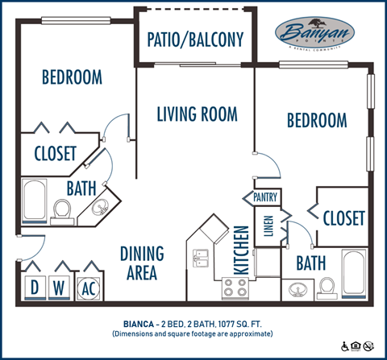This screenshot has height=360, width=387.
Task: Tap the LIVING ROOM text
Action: coord(197,114)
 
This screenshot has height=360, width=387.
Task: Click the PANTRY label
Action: coord(265,197)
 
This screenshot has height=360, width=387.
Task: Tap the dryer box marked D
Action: coord(35,288)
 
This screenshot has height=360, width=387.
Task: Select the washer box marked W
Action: coord(60,288)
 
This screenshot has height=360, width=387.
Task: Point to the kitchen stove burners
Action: coord(233,288)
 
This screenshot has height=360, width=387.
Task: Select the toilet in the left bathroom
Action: coord(61,210)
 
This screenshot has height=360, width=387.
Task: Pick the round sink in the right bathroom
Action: coord(297,288)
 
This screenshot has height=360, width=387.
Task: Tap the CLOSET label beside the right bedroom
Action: coord(344,218)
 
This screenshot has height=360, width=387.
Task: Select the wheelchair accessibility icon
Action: coord(346,347)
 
